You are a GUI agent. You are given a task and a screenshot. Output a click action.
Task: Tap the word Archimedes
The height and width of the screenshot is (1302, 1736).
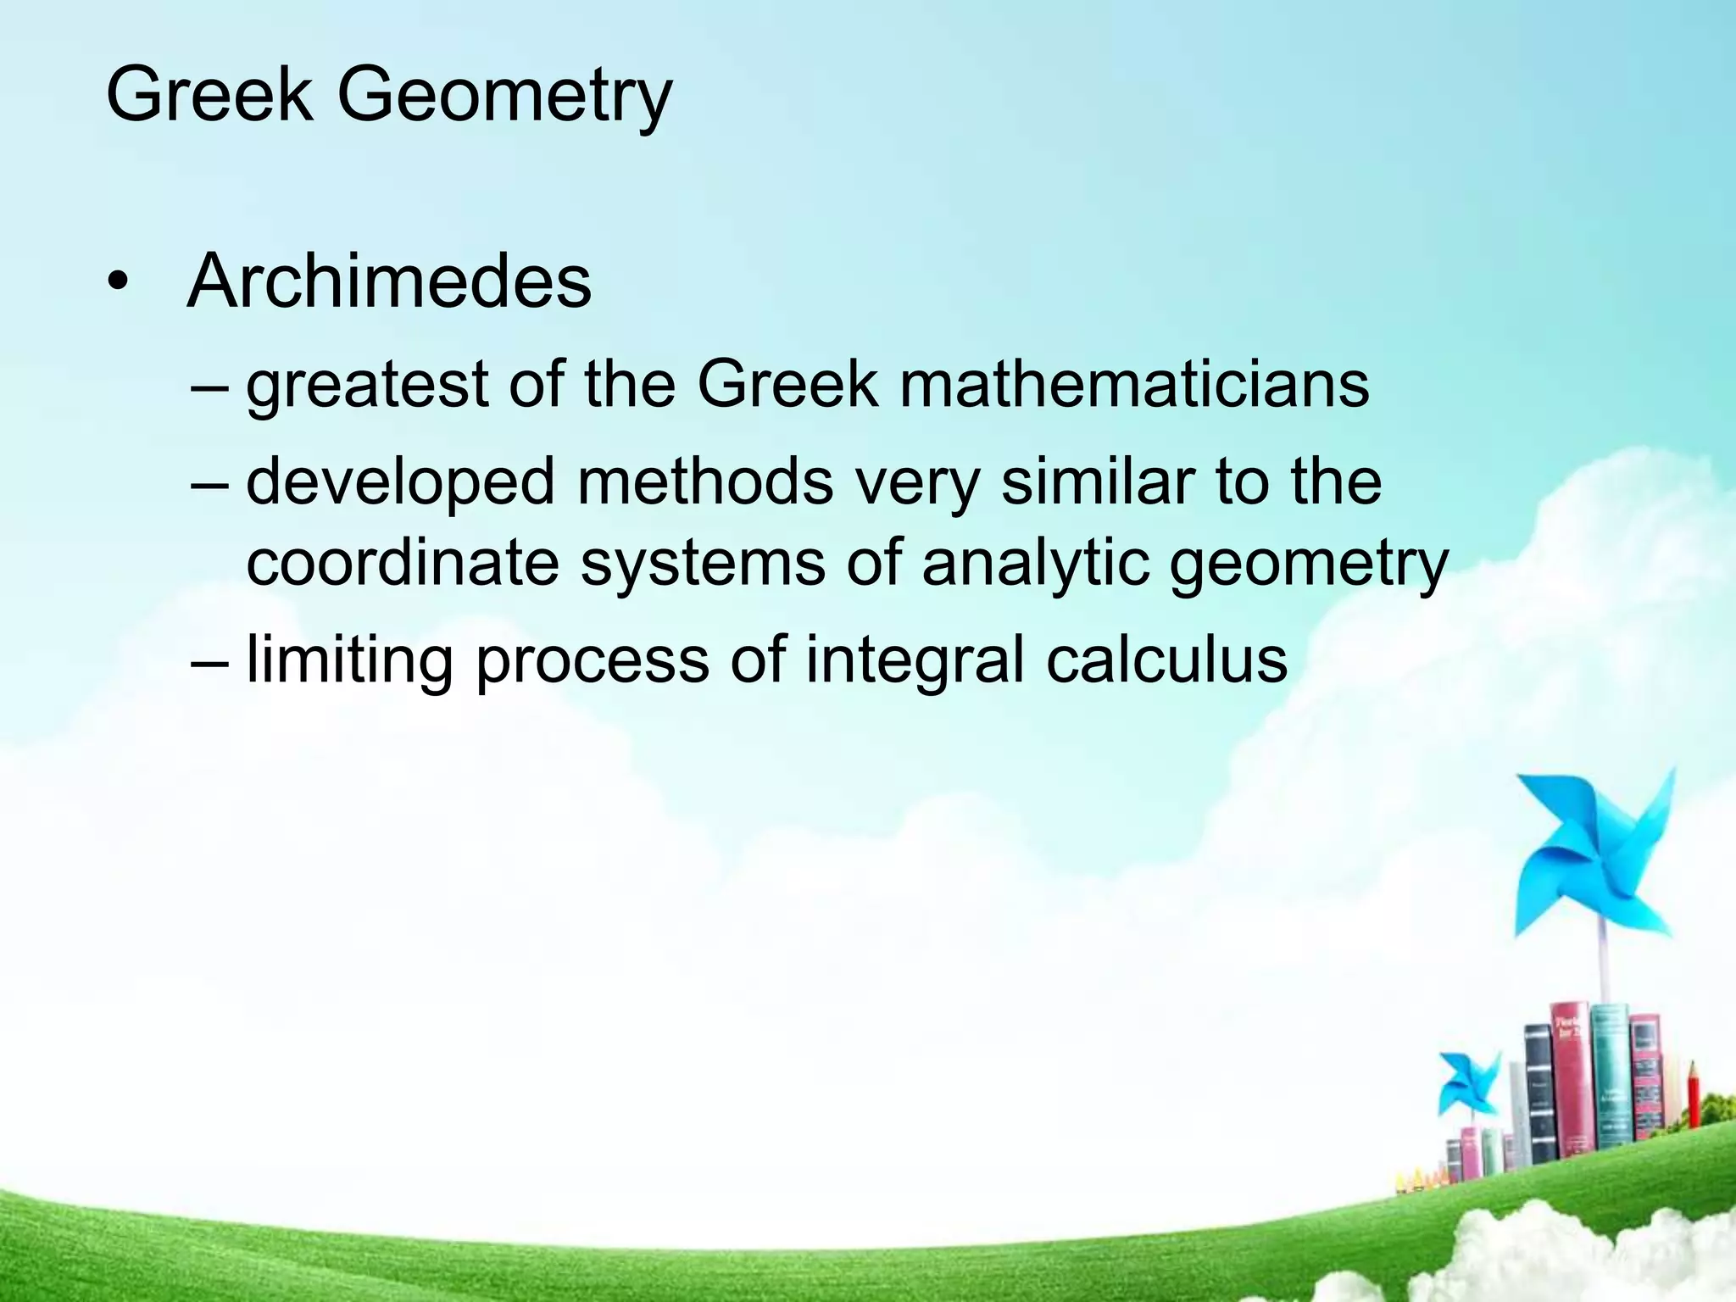tap(389, 281)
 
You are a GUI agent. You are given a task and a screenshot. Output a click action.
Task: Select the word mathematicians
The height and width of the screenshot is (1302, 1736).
tap(1133, 385)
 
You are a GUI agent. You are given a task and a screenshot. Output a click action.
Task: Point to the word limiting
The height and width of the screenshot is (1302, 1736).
tap(349, 661)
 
